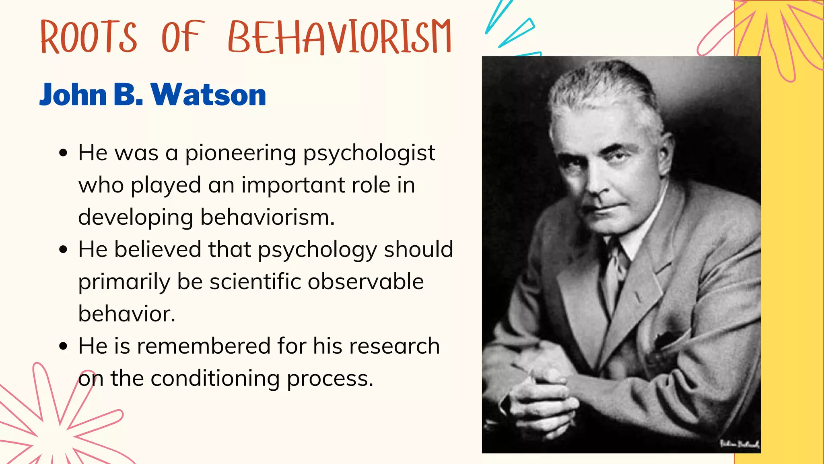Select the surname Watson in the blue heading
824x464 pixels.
tap(208, 95)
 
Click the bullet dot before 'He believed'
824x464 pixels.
tap(63, 250)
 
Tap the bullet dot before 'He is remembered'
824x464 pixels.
tap(63, 346)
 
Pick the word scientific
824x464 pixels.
tap(255, 282)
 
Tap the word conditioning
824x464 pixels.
tap(215, 379)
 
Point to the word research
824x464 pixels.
tap(394, 346)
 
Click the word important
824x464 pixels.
tap(293, 186)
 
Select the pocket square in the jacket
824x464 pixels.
tap(668, 338)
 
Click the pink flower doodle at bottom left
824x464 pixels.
tap(56, 427)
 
